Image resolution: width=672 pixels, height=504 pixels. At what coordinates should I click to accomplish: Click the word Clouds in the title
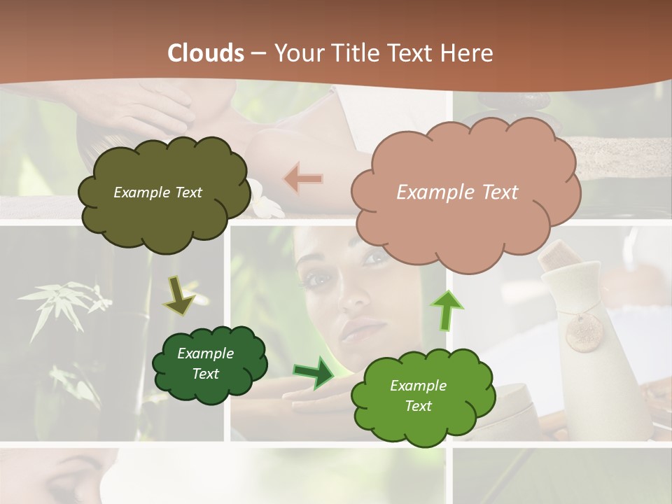(x=206, y=53)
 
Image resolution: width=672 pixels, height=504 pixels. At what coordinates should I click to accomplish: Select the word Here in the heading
(x=468, y=53)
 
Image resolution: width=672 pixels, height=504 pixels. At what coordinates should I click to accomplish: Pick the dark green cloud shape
(x=209, y=363)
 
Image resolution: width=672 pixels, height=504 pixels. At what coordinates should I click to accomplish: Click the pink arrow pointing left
(x=303, y=179)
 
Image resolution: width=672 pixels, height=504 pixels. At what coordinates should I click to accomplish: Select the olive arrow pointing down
(x=179, y=295)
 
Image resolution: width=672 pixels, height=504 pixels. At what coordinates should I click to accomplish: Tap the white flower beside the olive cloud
(x=265, y=199)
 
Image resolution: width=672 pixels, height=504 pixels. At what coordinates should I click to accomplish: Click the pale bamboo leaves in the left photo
(x=63, y=301)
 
